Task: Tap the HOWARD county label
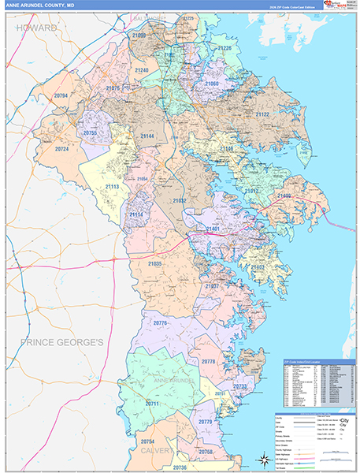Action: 36,28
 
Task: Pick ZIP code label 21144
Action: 147,136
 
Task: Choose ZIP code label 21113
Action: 112,187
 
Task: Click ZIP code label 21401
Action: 213,229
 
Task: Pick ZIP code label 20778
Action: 208,361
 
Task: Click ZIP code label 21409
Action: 284,196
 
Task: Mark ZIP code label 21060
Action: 212,83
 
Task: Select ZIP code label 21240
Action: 142,70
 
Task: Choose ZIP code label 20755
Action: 89,134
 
